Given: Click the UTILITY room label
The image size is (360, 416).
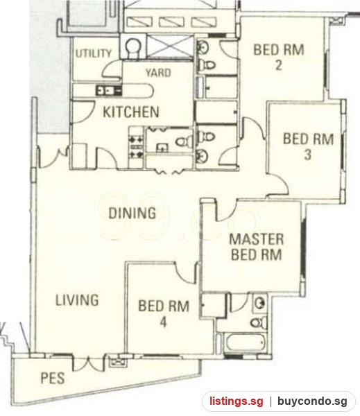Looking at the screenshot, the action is coord(94,53).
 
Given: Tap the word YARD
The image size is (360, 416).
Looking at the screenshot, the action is coord(158,73).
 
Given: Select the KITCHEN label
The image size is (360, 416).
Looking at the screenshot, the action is coord(131,112).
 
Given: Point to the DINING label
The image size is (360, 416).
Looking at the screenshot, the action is coord(132,213).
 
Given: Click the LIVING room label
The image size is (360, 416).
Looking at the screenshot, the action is coord(77,300).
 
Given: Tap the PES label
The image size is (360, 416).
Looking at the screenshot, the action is coord(53,378).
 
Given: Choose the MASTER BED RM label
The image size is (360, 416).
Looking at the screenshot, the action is coord(257,247).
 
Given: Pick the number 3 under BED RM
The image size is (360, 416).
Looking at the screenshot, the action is coord(308,155).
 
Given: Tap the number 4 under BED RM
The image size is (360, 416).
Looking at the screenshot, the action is coord(163,322).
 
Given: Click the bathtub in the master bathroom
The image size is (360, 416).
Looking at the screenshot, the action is coord(244,343).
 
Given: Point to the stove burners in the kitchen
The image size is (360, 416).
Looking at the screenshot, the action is coord(136,147).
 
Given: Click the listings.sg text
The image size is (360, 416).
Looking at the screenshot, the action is coord(237,401).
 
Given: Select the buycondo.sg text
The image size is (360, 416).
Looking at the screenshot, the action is coord(312,401).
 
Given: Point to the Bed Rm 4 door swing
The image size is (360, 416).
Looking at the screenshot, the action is coord(186,272).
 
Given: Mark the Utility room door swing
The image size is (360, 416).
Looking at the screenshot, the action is coord(111,69).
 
